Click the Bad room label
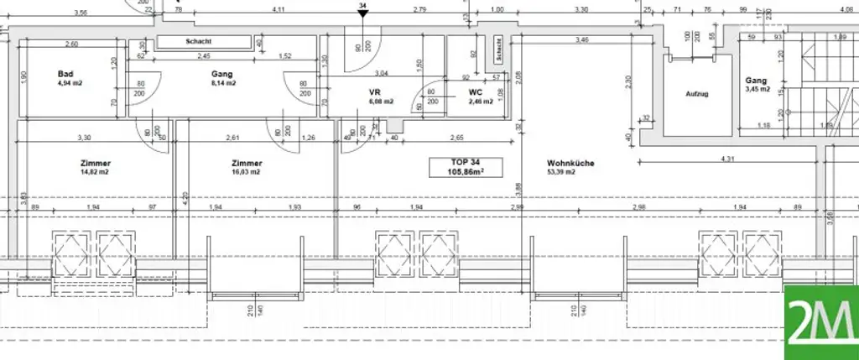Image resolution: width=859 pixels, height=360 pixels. tap(65, 74)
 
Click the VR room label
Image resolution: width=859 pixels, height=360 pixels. tap(375, 92)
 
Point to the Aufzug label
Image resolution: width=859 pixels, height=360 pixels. tap(697, 94)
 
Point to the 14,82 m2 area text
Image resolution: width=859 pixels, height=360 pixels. tap(95, 172)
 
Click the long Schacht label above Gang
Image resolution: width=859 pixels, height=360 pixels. tap(199, 42)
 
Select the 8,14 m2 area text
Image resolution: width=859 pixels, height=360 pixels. tap(223, 84)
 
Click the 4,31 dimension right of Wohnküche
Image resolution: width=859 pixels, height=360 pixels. tap(728, 159)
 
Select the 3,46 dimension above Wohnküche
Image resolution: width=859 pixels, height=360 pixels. tap(581, 40)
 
